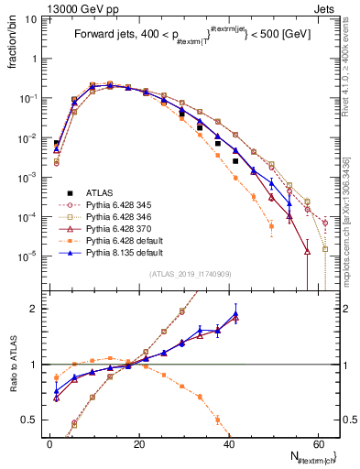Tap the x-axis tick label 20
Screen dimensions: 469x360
[x=139, y=442]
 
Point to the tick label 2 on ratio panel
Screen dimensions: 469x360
[x=34, y=309]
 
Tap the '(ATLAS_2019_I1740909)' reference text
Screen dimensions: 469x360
[x=190, y=275]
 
